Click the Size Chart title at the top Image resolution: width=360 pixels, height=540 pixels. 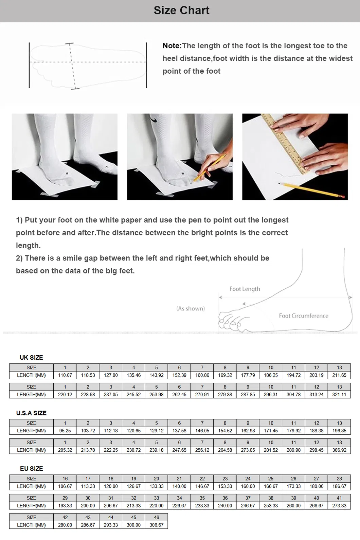181,11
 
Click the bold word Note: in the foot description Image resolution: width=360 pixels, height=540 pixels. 172,46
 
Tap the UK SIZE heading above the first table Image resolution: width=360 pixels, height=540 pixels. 31,357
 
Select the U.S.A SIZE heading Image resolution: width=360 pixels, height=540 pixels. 31,413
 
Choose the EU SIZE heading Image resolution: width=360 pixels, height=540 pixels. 31,468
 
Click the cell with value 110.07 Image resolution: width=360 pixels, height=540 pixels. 65,375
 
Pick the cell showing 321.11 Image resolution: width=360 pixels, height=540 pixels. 339,395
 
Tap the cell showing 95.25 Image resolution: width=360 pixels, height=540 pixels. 65,431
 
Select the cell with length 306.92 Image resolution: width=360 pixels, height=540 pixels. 339,450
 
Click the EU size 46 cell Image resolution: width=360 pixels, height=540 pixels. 156,517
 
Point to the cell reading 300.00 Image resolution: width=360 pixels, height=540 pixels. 133,525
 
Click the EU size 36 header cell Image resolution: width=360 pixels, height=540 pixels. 225,498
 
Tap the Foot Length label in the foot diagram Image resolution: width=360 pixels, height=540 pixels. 245,289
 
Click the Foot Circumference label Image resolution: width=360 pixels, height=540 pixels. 303,316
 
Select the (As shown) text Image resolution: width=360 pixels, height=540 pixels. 191,309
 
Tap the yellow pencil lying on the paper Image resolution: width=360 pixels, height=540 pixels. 312,190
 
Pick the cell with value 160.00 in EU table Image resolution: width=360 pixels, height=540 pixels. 248,486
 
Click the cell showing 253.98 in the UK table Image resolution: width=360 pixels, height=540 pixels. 156,395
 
